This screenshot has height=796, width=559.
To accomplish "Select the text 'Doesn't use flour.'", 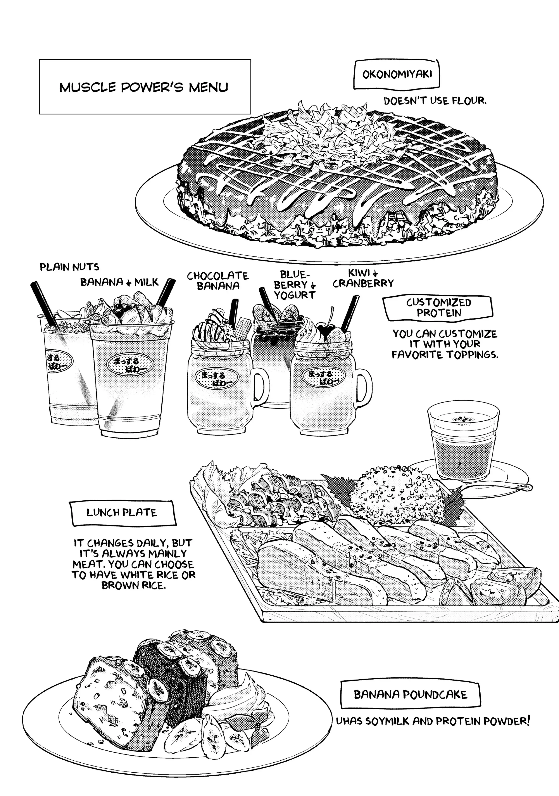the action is (x=435, y=101).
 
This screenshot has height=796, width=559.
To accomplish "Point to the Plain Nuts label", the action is (x=69, y=267).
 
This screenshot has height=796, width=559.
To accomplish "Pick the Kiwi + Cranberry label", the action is (x=363, y=278).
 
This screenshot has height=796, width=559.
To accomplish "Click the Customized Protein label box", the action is (x=438, y=308).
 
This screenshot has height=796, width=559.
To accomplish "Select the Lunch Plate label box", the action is (x=122, y=513).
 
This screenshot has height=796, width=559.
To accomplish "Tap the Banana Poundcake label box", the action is (x=410, y=694).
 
